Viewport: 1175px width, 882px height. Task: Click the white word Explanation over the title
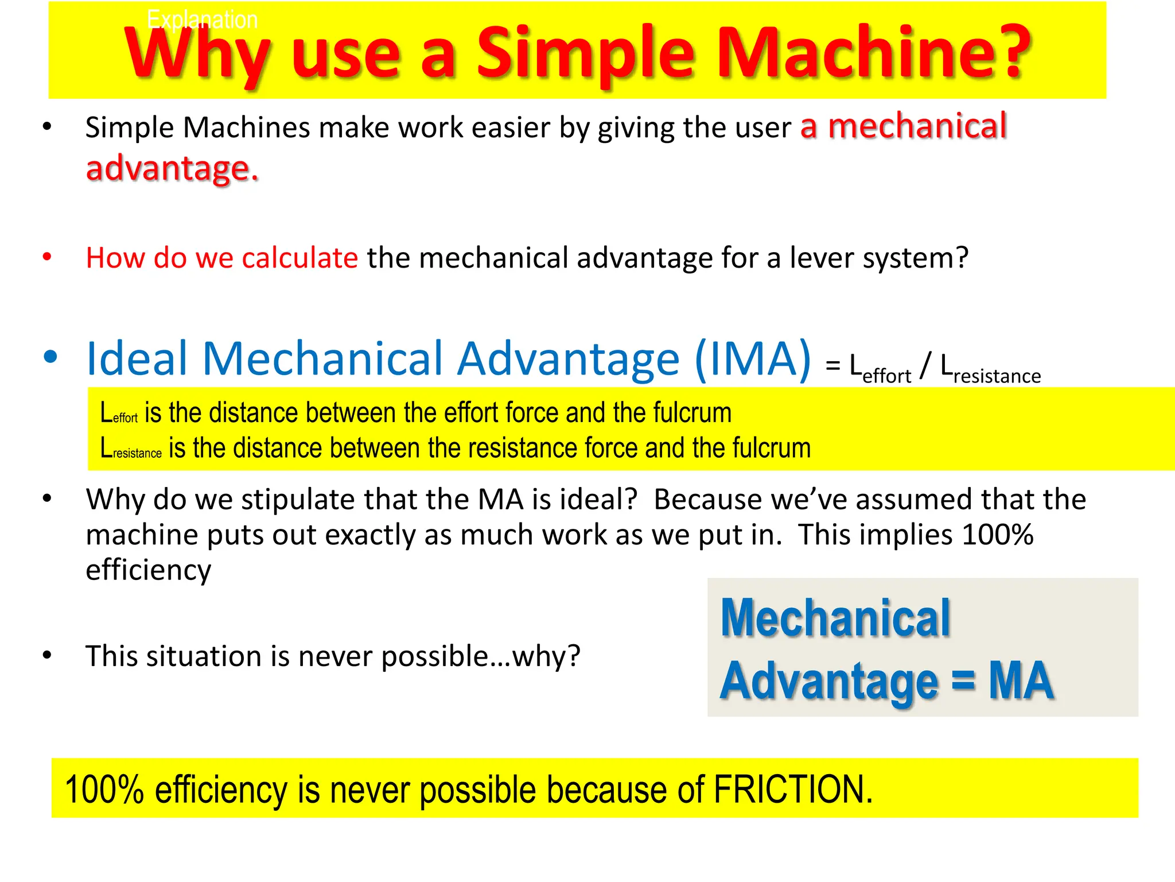pos(202,20)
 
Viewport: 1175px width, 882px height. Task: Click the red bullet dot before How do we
pos(48,257)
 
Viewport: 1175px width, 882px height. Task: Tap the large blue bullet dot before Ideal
pos(50,357)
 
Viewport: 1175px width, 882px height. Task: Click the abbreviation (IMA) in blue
pos(753,359)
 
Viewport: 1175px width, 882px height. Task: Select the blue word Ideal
pos(137,359)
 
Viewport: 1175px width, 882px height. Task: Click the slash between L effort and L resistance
pos(924,366)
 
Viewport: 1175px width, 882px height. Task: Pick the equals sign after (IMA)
pos(833,366)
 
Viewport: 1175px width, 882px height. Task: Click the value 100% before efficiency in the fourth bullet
pos(998,535)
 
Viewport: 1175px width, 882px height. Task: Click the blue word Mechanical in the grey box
pos(835,618)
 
